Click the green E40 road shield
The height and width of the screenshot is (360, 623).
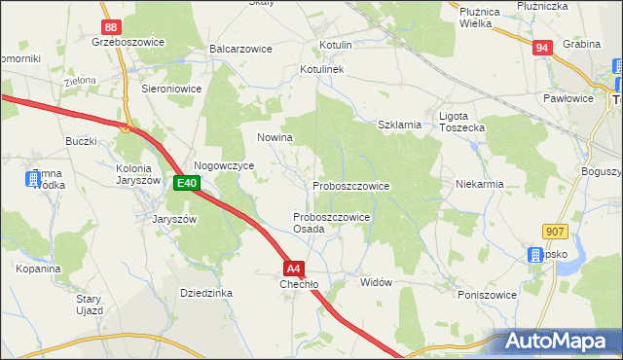coord(187,183)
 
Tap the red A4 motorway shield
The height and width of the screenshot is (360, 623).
coord(294,268)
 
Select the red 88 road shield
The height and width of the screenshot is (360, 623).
coord(112,28)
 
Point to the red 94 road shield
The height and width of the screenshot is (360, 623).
coord(544,46)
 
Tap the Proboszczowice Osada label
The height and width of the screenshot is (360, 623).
coord(331,223)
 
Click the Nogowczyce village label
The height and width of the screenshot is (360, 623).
coord(224,166)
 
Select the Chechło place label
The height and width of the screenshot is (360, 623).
coord(299,284)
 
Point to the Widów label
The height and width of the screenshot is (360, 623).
coord(375,282)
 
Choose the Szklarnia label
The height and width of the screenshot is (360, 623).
coord(399,125)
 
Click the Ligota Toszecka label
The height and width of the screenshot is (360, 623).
coord(462,122)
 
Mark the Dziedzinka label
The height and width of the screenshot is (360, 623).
coord(205,292)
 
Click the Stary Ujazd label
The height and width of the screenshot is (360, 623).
coord(90,305)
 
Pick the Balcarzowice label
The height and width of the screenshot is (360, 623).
coord(239,48)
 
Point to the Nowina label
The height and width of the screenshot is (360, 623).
coord(275,137)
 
